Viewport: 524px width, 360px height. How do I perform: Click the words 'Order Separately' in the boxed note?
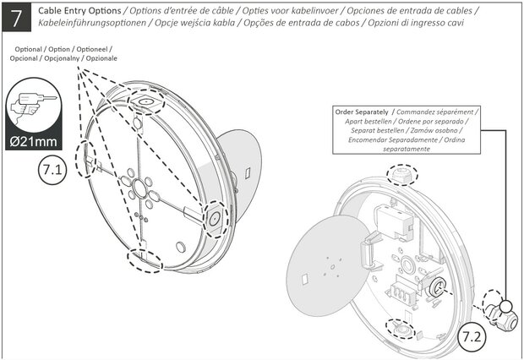(363, 112)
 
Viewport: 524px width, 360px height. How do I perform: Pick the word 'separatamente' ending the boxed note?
(406, 149)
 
